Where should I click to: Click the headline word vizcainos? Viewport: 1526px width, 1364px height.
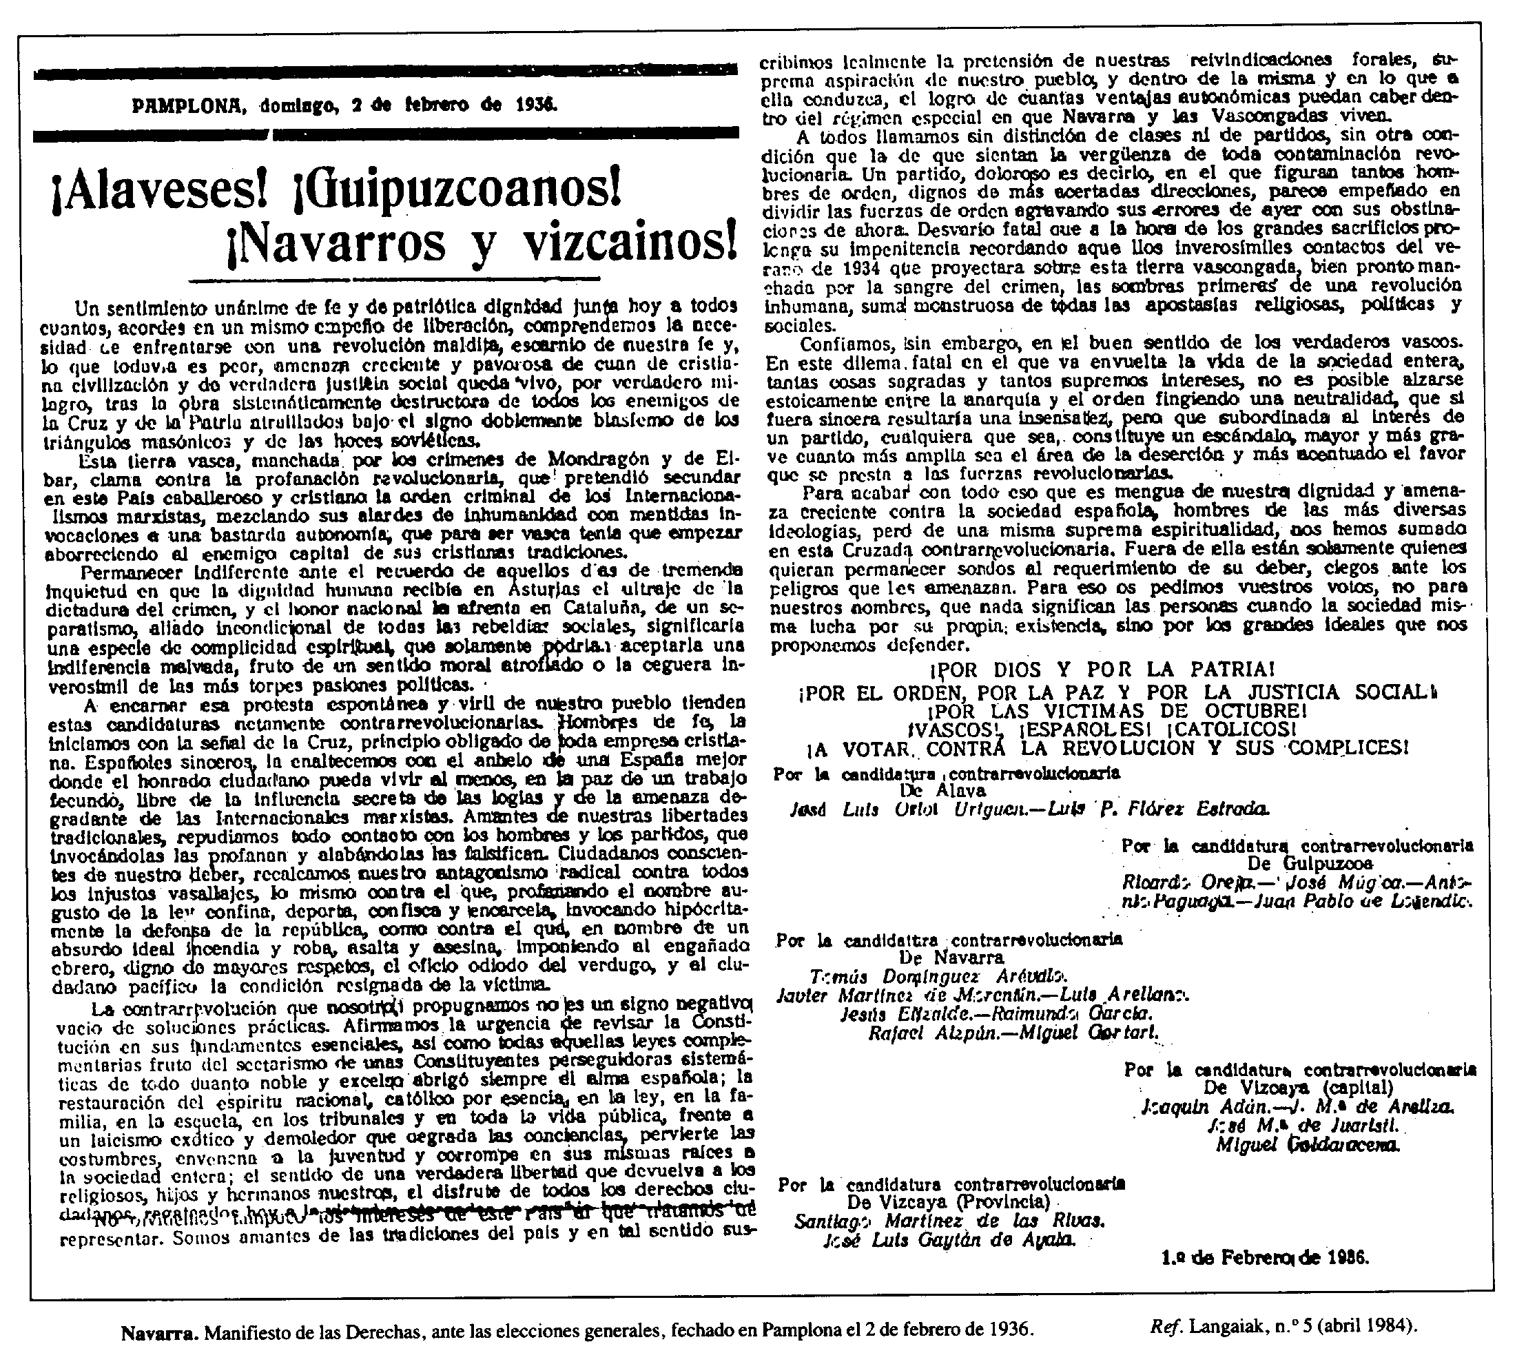[x=615, y=244]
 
